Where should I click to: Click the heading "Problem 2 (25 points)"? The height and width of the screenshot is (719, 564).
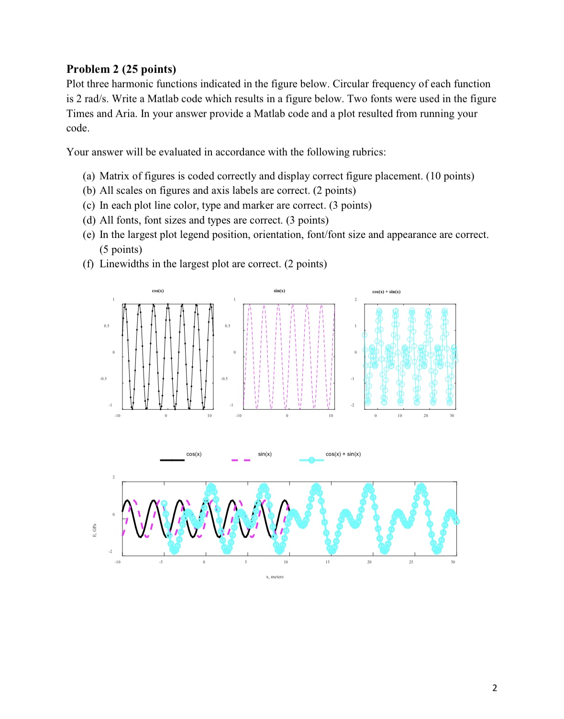(121, 69)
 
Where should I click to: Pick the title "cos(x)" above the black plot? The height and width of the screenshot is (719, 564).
(158, 291)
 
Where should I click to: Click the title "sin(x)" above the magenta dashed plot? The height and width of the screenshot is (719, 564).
(279, 291)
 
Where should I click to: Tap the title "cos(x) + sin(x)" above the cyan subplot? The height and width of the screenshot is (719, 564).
(386, 291)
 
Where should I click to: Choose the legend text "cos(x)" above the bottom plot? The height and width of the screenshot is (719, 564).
(194, 454)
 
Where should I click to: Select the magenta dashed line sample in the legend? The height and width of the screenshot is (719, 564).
(241, 460)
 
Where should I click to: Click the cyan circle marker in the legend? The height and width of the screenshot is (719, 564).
(311, 460)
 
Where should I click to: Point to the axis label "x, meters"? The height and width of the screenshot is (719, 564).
(275, 577)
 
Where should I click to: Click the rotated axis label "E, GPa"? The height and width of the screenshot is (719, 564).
(95, 530)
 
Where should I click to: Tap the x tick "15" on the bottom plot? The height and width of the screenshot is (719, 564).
(327, 562)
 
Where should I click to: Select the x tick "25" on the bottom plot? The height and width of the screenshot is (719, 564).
(411, 562)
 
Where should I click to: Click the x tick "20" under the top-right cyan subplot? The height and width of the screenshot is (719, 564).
(426, 416)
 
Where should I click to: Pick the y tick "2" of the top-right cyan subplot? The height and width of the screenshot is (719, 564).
(355, 300)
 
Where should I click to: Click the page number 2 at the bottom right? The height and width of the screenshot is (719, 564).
(494, 688)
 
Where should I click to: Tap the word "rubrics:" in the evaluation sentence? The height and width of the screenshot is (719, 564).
(369, 152)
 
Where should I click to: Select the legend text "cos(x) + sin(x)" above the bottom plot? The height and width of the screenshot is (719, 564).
(343, 454)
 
